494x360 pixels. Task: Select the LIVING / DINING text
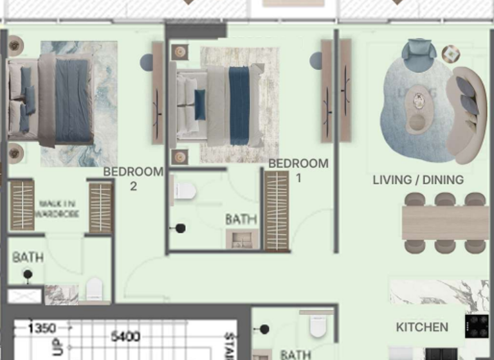(x=418, y=180)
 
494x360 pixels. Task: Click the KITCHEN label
(x=422, y=327)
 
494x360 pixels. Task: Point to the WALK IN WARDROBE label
(x=59, y=208)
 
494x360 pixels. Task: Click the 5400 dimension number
(x=126, y=336)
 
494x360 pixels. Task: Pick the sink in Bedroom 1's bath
(x=242, y=239)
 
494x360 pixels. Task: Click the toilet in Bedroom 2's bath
(x=95, y=290)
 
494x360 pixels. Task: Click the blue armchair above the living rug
(x=419, y=50)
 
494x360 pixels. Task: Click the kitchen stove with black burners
(x=477, y=325)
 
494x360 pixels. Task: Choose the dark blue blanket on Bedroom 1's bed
(x=239, y=106)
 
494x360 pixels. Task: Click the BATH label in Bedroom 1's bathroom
(x=241, y=219)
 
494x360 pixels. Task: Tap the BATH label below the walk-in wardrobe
(x=28, y=257)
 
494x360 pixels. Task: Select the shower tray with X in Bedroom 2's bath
(x=24, y=296)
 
